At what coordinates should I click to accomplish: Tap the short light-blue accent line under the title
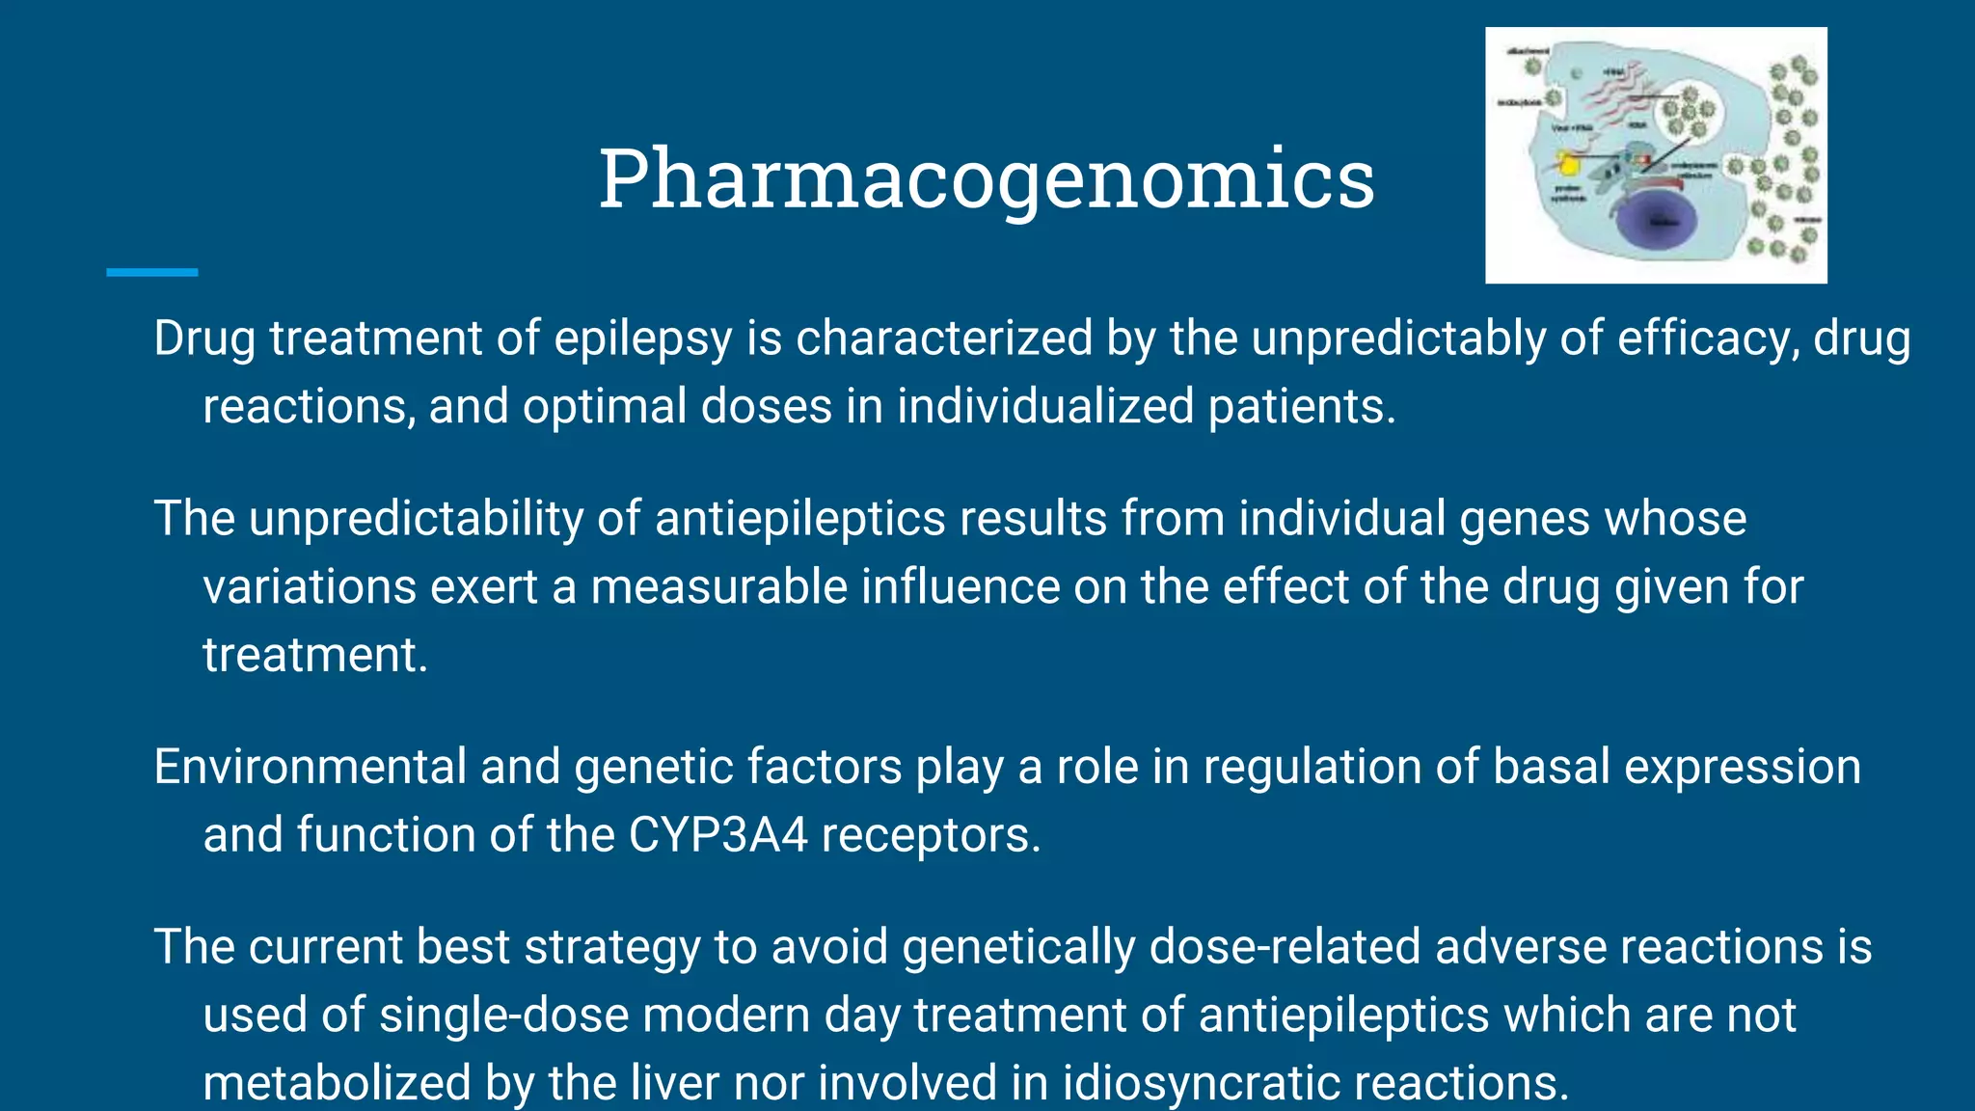(x=151, y=273)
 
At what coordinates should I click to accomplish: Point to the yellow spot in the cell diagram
(x=1568, y=164)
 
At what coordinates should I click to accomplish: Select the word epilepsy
(x=643, y=339)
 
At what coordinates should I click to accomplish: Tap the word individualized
(x=1045, y=406)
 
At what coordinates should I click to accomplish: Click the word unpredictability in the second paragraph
(x=416, y=519)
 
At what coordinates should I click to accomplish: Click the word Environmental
(x=310, y=768)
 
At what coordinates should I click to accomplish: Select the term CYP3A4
(x=717, y=835)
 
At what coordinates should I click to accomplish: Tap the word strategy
(x=611, y=947)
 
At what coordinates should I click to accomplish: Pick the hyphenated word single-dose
(x=503, y=1016)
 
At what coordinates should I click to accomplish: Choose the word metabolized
(x=337, y=1083)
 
